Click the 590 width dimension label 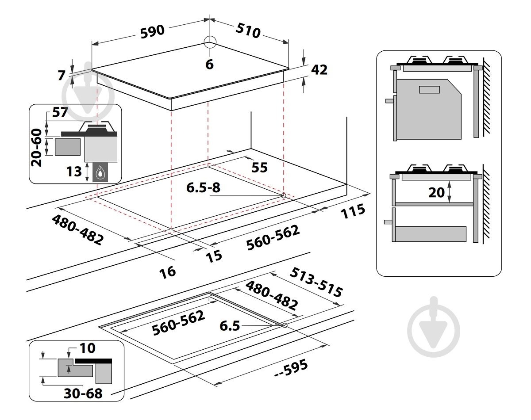click(152, 31)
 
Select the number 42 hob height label click(319, 70)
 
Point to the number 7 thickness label click(62, 75)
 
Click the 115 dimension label click(353, 211)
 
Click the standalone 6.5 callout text click(230, 326)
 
